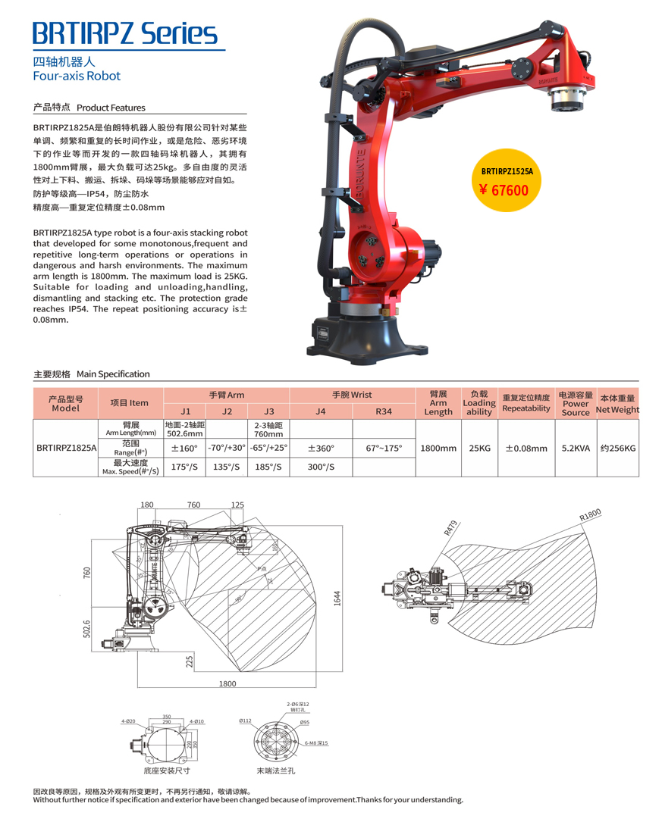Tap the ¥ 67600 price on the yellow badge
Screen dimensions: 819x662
tap(504, 189)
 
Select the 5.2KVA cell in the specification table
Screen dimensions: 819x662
tap(575, 448)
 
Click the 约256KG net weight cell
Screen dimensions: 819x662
tap(617, 448)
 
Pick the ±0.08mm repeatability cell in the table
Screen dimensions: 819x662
tap(526, 448)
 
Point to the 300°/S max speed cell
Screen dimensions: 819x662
tap(321, 467)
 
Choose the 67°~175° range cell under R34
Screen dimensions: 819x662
tap(384, 448)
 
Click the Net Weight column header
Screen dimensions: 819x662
tap(617, 404)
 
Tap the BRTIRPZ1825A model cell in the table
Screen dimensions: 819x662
tap(67, 448)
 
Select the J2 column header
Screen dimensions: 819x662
tap(227, 411)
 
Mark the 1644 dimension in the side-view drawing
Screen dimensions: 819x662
tap(337, 599)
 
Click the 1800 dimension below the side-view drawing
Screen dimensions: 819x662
tap(227, 683)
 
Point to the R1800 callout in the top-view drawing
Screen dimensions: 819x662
tap(589, 514)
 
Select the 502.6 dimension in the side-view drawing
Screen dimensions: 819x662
tap(86, 628)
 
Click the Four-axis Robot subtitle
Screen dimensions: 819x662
tap(77, 76)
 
